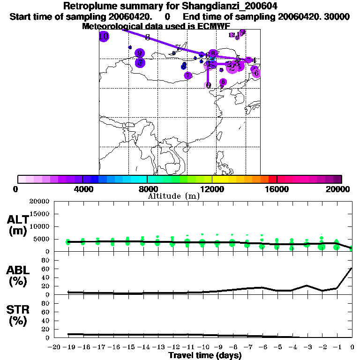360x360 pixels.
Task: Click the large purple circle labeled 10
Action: tap(104, 37)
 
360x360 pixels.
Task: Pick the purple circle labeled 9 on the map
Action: tap(139, 53)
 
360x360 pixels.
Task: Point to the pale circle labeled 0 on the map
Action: tap(208, 85)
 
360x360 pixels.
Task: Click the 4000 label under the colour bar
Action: tap(82, 189)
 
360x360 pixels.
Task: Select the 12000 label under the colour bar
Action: tap(212, 189)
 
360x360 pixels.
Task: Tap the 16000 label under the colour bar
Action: tap(277, 189)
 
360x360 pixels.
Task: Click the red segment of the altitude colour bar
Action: tap(272, 179)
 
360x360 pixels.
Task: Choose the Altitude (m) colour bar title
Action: tap(173, 196)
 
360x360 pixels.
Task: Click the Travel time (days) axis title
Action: tap(204, 355)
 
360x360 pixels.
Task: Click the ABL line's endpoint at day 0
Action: tap(352, 268)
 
